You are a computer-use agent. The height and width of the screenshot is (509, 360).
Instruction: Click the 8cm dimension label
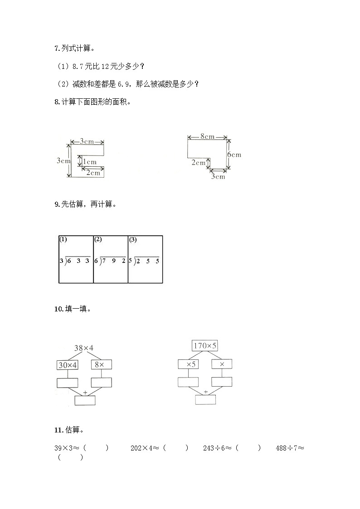click(207, 136)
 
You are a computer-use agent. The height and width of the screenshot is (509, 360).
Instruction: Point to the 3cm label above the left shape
click(87, 141)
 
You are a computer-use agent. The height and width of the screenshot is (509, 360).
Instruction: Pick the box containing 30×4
click(68, 364)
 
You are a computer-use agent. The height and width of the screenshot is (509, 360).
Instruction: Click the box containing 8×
click(102, 364)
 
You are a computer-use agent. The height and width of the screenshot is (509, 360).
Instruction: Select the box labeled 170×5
click(205, 346)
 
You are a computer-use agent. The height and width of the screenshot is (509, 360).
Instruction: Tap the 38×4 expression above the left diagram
click(84, 348)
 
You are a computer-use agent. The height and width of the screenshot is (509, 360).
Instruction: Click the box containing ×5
click(189, 364)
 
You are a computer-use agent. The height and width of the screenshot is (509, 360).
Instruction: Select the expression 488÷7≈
click(289, 448)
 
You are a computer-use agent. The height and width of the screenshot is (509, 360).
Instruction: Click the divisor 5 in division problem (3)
click(130, 261)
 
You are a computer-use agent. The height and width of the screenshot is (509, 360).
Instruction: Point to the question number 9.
click(57, 204)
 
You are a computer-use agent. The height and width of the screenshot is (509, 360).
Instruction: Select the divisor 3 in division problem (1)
click(61, 261)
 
